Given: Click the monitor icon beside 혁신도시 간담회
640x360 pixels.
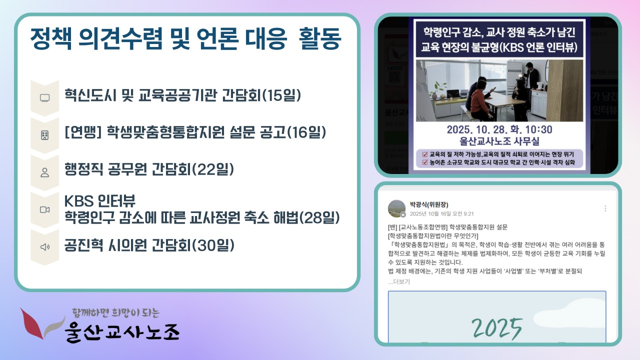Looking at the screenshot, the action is [x=45, y=97].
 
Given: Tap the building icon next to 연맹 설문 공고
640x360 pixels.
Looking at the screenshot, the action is [x=45, y=135].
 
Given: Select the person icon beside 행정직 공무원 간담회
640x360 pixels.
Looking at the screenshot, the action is [x=45, y=172].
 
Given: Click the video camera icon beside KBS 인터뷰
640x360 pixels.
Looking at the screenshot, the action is [x=45, y=209].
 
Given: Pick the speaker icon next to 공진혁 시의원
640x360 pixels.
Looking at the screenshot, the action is [x=45, y=247].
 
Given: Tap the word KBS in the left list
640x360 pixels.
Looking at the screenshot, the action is [x=79, y=201].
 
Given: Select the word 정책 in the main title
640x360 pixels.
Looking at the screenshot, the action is [x=51, y=38].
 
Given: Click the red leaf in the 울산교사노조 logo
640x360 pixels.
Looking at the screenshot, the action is [x=32, y=323].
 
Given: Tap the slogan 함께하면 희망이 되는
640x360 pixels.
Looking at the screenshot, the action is [x=116, y=313].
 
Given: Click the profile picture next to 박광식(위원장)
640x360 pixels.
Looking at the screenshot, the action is [x=396, y=208].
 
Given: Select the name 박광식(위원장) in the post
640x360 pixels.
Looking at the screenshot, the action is [x=429, y=204].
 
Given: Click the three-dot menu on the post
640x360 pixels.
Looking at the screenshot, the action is [x=605, y=208].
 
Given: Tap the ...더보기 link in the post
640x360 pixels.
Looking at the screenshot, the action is [x=399, y=281].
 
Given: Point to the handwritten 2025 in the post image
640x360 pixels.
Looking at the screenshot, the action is [x=497, y=328].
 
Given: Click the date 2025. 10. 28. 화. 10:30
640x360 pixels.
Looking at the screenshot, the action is [x=499, y=129].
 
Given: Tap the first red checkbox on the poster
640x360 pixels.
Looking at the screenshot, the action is [x=425, y=154].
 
